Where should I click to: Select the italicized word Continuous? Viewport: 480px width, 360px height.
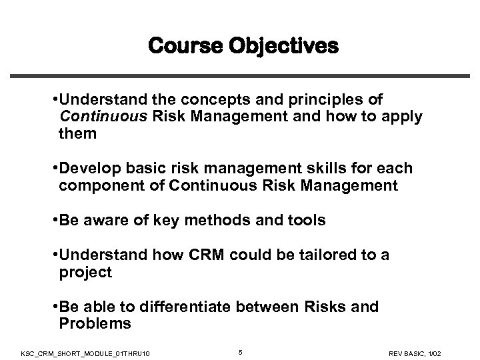tap(98, 117)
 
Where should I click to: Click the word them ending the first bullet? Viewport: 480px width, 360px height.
tap(78, 134)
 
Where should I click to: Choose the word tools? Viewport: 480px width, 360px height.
tap(305, 221)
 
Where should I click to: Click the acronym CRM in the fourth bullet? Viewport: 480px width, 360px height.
tap(195, 255)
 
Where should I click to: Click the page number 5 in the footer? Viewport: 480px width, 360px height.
tap(240, 347)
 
